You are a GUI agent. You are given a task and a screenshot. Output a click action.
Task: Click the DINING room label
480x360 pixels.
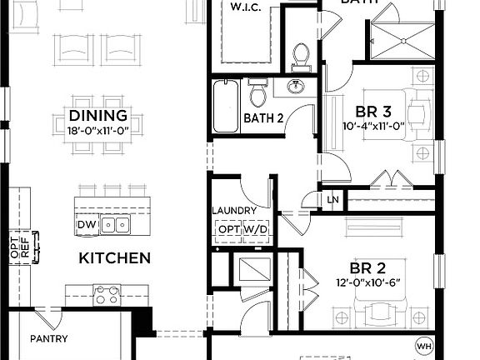pyautogui.click(x=98, y=115)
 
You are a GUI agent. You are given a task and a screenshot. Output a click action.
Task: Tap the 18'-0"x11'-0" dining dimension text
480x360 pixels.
pyautogui.click(x=98, y=129)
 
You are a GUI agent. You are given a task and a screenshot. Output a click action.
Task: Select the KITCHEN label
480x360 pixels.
pyautogui.click(x=114, y=257)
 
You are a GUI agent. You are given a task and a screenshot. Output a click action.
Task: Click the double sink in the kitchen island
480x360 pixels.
pyautogui.click(x=118, y=224)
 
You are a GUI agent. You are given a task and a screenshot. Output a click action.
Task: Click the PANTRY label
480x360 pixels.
pyautogui.click(x=48, y=339)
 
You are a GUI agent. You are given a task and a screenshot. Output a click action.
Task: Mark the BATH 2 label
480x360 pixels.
pyautogui.click(x=264, y=118)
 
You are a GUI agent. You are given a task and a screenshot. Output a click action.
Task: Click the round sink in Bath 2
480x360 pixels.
pyautogui.click(x=295, y=87)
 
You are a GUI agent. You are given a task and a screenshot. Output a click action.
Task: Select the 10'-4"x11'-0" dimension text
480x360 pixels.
pyautogui.click(x=374, y=127)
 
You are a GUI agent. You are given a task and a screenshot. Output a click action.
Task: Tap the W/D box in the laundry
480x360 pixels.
pyautogui.click(x=255, y=228)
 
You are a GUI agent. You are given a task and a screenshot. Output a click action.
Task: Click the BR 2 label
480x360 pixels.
pyautogui.click(x=367, y=268)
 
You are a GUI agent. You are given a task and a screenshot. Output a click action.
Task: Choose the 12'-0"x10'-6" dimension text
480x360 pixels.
pyautogui.click(x=367, y=283)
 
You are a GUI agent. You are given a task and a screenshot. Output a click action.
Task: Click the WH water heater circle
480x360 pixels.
pyautogui.click(x=425, y=345)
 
